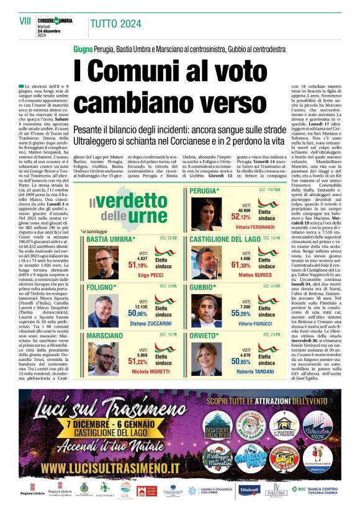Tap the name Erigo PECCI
(x=150, y=274)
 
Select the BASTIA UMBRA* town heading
(x=111, y=239)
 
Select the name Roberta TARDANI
(x=256, y=371)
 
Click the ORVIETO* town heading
(x=205, y=336)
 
